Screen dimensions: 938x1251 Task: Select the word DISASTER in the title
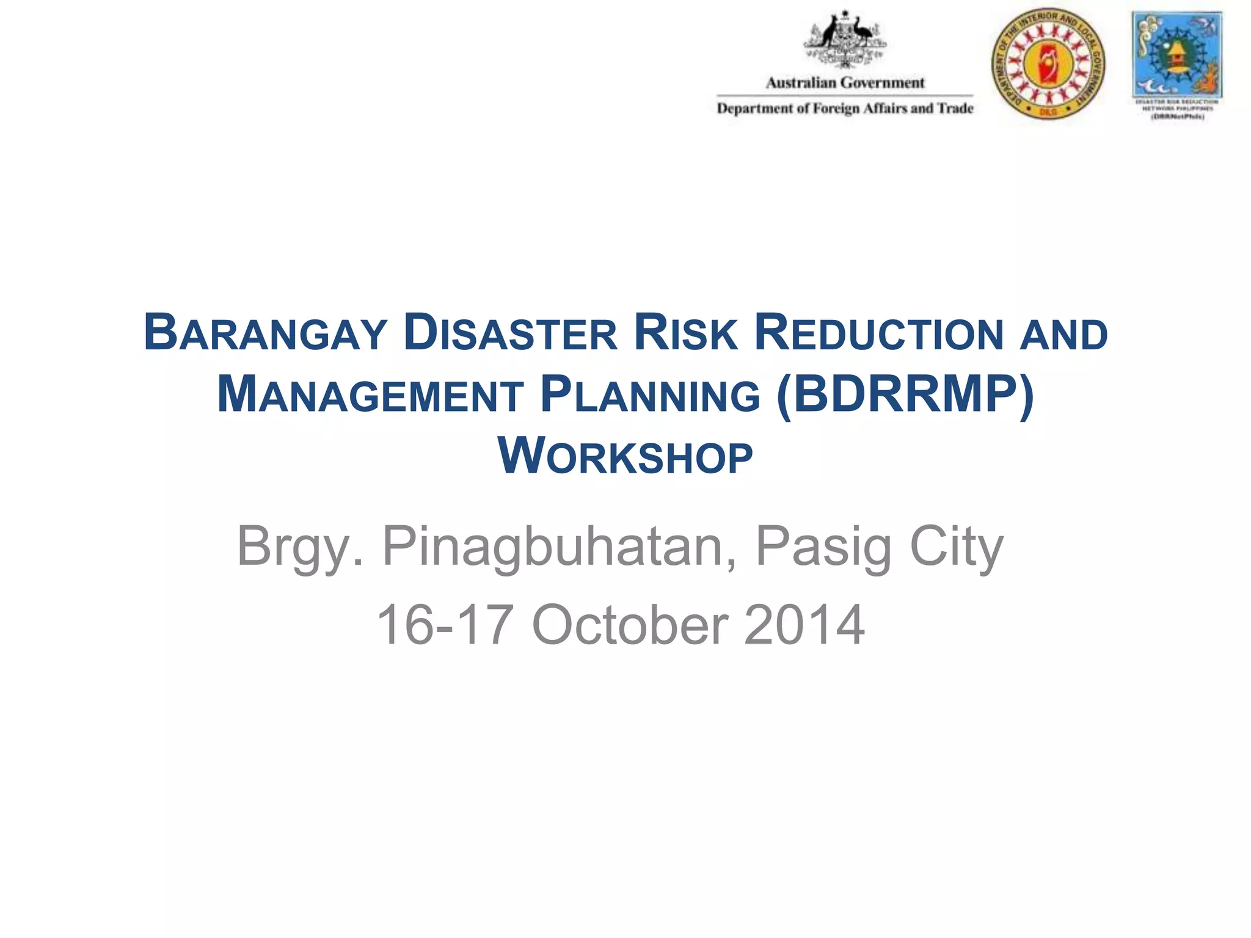coord(511,333)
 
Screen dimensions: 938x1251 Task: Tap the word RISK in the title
coord(685,333)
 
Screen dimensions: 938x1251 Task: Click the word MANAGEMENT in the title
coord(370,395)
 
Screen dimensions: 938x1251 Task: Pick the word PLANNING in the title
coord(651,395)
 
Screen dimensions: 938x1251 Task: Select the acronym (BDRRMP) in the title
coord(905,395)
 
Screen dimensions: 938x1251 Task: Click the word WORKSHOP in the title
coord(625,457)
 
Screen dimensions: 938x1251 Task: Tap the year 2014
coord(804,625)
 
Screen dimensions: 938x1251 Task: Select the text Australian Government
coord(845,82)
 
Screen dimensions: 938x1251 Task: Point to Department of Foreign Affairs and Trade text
coord(845,109)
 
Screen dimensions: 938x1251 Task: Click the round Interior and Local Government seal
coord(1048,64)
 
